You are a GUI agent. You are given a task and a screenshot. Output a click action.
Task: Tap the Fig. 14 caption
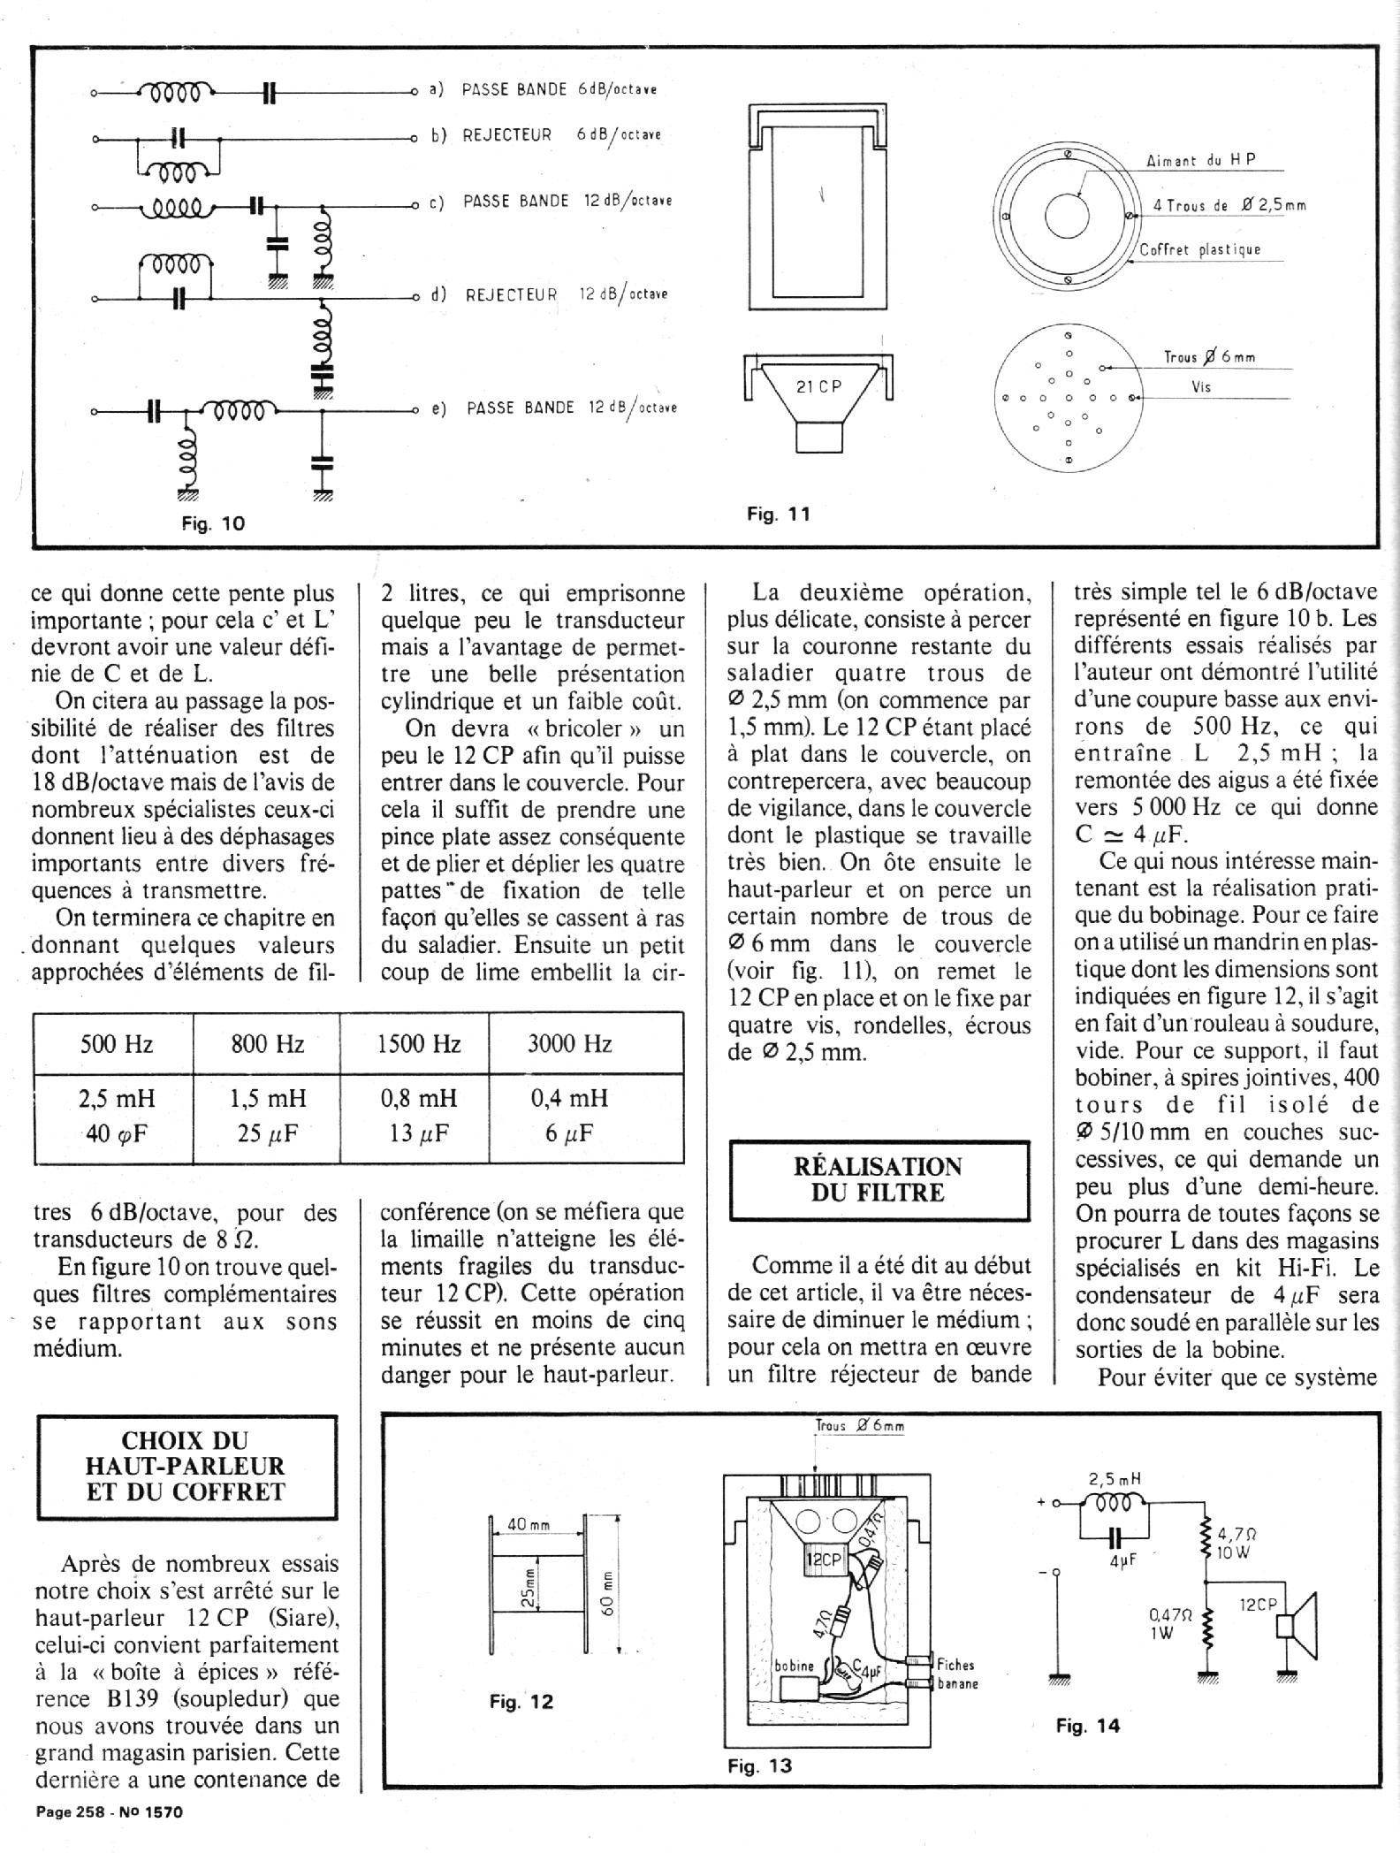(x=1087, y=1725)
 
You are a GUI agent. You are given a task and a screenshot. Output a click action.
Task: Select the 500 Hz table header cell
(x=116, y=1044)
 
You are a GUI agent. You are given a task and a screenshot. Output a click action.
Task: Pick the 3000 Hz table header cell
(x=569, y=1044)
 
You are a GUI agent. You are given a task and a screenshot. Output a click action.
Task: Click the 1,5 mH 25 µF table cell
(x=267, y=1116)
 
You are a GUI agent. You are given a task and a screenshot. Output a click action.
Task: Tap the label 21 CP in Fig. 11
(x=819, y=386)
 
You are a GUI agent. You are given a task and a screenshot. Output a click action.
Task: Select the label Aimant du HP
(x=1201, y=161)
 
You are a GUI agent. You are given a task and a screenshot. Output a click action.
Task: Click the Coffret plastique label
(x=1199, y=249)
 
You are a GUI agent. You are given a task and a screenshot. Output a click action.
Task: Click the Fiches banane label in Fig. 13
(x=955, y=1674)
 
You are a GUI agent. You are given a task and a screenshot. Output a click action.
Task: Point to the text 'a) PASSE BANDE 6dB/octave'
(x=543, y=89)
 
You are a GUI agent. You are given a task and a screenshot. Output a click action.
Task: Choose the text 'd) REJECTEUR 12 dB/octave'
(x=548, y=294)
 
